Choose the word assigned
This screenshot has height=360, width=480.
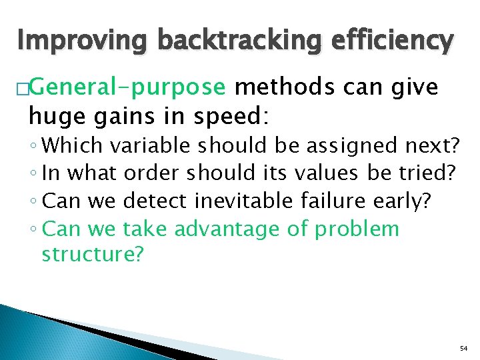360,145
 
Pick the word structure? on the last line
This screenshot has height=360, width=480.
92,255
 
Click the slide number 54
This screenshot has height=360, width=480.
464,349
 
